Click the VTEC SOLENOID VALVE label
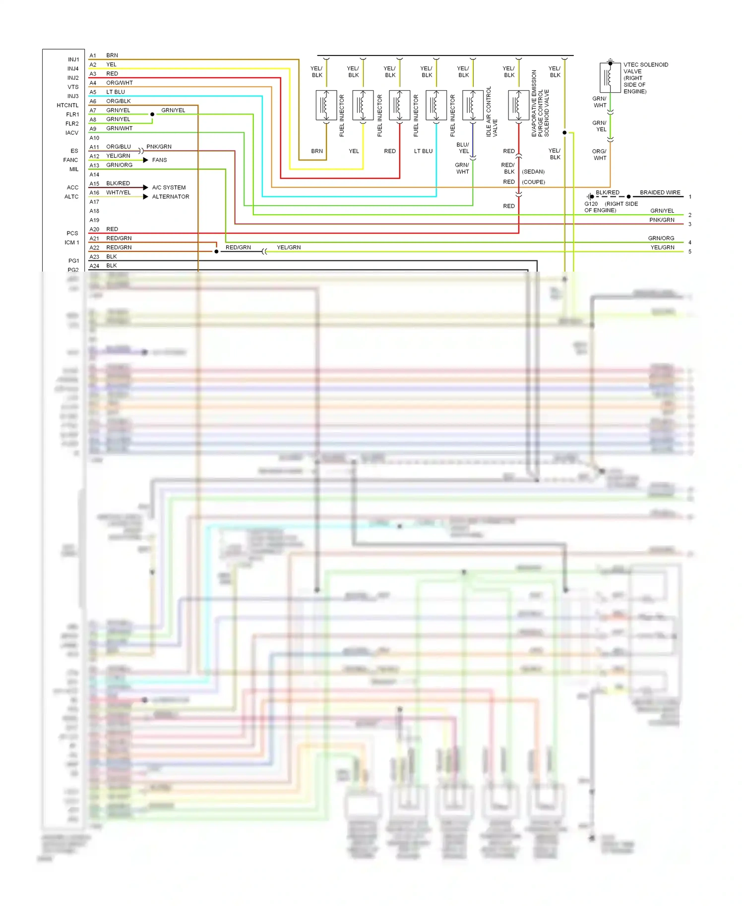(x=645, y=78)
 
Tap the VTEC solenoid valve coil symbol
(x=610, y=77)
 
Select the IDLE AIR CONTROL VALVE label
(x=492, y=112)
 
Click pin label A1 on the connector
(x=93, y=56)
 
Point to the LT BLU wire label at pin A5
(x=115, y=92)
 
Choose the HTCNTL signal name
(x=67, y=106)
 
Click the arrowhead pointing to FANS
(x=145, y=160)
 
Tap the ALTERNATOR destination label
(x=170, y=197)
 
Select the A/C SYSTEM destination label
(x=169, y=187)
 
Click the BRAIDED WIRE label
(x=660, y=192)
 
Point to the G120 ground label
(x=591, y=204)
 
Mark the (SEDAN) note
(x=533, y=171)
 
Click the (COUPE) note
(x=533, y=182)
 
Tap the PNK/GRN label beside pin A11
(x=159, y=147)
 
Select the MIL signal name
(x=74, y=170)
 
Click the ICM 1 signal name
(x=71, y=243)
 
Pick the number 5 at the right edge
(x=689, y=252)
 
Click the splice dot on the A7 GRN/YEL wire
(x=152, y=114)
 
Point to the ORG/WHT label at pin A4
(x=119, y=83)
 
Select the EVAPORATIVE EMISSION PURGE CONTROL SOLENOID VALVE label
(x=540, y=104)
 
